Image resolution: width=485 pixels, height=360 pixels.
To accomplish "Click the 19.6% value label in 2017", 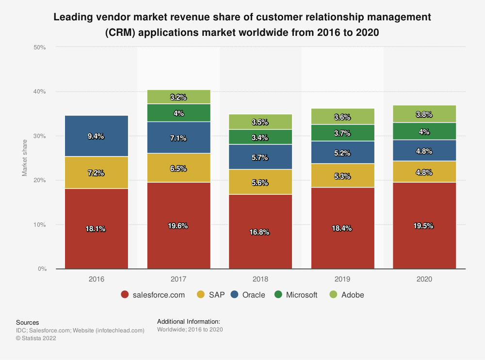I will pos(179,226).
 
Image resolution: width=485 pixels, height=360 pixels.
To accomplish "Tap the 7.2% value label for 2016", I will pos(97,173).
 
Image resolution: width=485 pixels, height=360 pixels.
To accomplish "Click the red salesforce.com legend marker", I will pos(125,295).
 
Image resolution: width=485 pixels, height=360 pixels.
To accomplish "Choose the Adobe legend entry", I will pos(347,295).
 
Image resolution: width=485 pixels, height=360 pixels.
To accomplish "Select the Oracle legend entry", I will pos(248,295).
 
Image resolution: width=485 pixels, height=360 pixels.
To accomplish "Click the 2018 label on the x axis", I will pos(260,279).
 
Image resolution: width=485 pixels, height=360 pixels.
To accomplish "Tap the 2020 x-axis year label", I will pos(424,279).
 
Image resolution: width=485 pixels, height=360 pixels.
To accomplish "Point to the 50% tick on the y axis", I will pos(40,47).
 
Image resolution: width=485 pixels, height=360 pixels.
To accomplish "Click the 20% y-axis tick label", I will pos(40,180).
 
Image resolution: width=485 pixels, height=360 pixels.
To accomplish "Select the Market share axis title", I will pos(25,158).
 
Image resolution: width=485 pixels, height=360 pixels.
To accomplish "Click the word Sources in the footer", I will pos(28,322).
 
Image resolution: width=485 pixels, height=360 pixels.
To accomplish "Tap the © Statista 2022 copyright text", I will pos(36,339).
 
